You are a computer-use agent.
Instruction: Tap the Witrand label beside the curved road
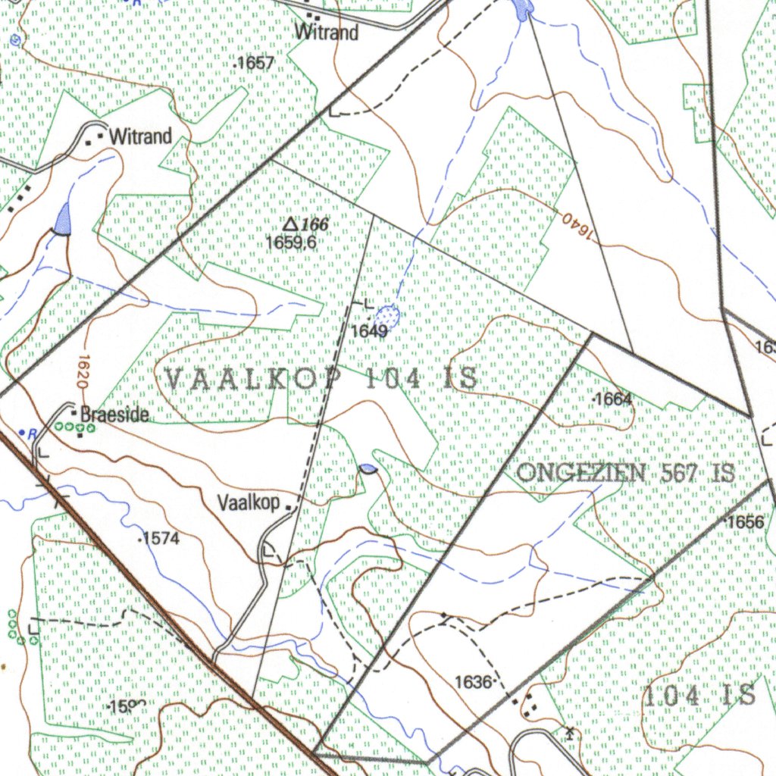click(x=140, y=137)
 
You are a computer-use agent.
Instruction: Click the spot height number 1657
click(x=255, y=64)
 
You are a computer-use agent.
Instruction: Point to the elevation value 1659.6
click(x=291, y=242)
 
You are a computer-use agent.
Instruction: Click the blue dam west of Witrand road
click(x=61, y=219)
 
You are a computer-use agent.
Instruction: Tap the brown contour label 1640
click(x=576, y=224)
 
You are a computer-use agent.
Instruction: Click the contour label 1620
click(x=84, y=371)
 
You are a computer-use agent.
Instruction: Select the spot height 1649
click(x=369, y=331)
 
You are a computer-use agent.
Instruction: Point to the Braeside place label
click(x=114, y=415)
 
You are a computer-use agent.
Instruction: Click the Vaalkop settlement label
click(x=249, y=502)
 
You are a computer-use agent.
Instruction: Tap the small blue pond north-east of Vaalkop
click(x=368, y=470)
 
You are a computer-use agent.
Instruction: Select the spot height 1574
click(x=161, y=539)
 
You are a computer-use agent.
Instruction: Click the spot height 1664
click(x=613, y=399)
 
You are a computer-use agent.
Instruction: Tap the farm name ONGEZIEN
click(x=580, y=473)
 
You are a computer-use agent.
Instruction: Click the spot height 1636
click(x=474, y=682)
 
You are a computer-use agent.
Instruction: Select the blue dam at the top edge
click(x=522, y=8)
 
